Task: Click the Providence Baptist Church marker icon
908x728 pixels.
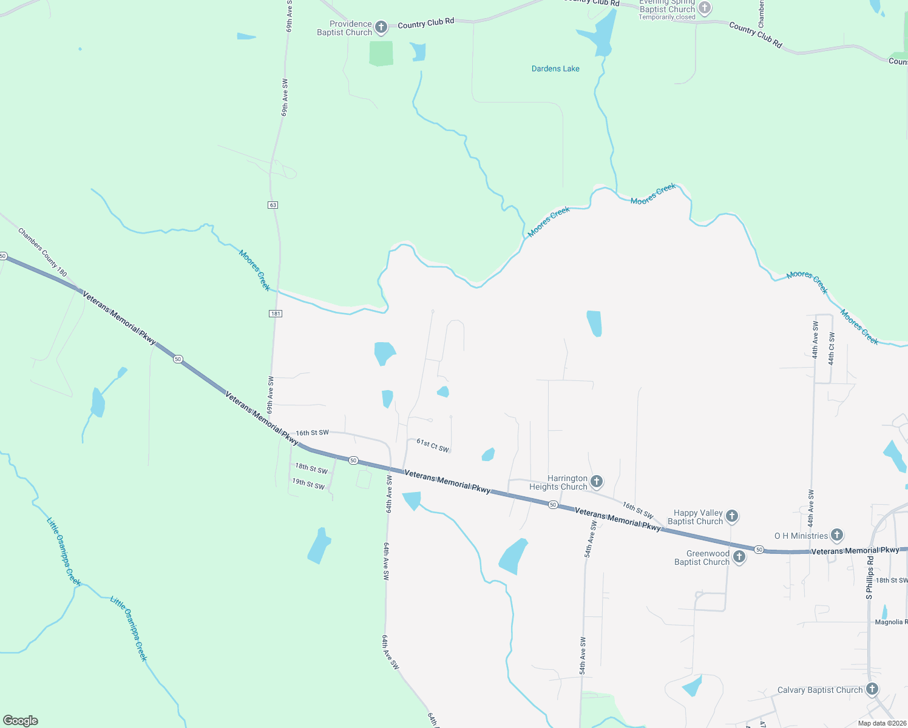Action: [381, 27]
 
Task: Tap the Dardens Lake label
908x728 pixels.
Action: [555, 69]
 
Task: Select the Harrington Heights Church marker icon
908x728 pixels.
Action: [597, 482]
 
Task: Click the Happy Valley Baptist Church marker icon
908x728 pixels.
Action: [732, 516]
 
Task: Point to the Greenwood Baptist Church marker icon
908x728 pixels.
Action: [739, 557]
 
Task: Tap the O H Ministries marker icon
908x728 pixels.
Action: [837, 535]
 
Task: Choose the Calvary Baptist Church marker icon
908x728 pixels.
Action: [872, 689]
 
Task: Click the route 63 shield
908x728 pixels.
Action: [273, 205]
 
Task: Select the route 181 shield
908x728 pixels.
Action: [276, 314]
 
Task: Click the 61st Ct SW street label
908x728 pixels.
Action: [433, 446]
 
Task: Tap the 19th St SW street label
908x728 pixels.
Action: [308, 484]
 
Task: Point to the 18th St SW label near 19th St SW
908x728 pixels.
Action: [311, 468]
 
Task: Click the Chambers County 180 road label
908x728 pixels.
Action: [42, 252]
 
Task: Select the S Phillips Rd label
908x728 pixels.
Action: [870, 578]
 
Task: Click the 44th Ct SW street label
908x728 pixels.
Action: [832, 348]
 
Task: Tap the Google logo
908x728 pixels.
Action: [21, 721]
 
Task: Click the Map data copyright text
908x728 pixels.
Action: [882, 723]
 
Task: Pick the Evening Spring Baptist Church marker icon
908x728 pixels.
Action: [704, 8]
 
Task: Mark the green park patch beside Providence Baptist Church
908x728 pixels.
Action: [381, 53]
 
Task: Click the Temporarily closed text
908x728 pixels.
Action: [666, 17]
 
